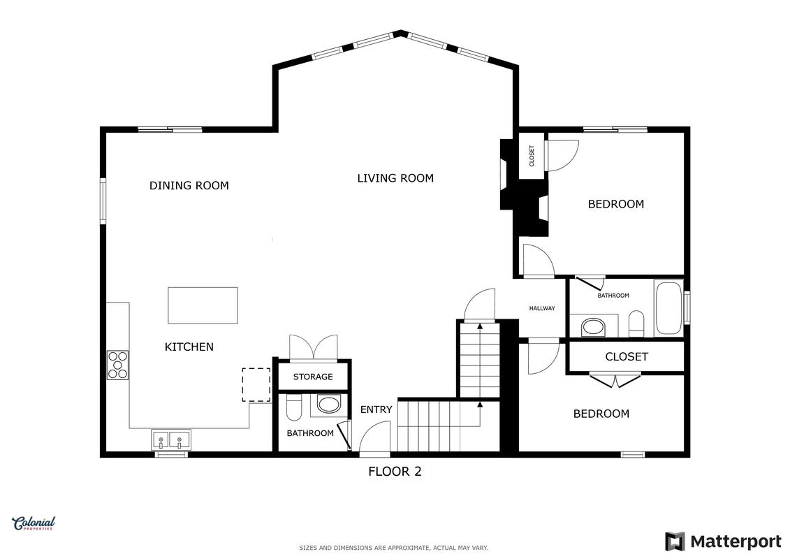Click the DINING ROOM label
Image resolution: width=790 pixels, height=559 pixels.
[x=189, y=185]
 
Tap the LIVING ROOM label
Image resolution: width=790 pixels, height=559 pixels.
[x=395, y=178]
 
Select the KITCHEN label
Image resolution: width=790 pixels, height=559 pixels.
[x=189, y=347]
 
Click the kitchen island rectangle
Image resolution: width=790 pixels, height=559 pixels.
[x=203, y=305]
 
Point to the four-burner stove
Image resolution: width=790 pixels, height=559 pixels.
[x=117, y=365]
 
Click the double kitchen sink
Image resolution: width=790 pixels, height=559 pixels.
[x=171, y=440]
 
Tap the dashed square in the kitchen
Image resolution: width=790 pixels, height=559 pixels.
[x=256, y=384]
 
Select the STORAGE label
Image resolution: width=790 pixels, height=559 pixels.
[x=313, y=377]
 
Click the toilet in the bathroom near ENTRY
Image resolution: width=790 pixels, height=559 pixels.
[x=294, y=407]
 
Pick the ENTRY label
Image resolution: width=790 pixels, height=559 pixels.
[x=376, y=409]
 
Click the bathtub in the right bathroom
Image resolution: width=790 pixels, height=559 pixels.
[x=668, y=307]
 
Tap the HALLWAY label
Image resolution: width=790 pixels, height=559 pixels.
[x=542, y=308]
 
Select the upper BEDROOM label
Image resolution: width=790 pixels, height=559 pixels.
[x=615, y=204]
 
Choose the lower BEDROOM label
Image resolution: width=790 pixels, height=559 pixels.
[x=601, y=414]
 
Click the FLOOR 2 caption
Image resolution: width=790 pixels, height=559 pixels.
[x=395, y=471]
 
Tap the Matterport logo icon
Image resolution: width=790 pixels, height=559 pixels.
[x=675, y=542]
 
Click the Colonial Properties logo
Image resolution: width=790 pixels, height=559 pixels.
[x=34, y=523]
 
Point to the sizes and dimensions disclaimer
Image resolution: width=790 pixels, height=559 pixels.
[x=393, y=548]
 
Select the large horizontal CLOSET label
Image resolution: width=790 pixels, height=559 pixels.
[x=627, y=357]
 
